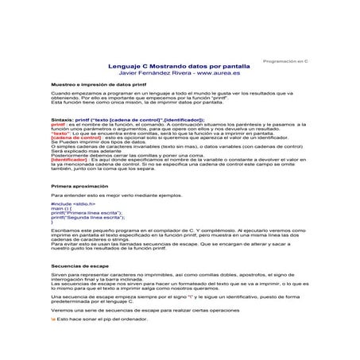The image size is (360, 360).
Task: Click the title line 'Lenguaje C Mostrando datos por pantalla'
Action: [182, 67]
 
